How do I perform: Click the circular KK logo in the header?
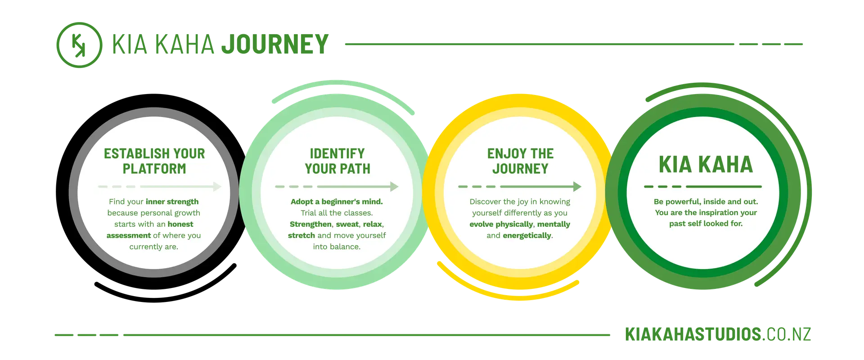coord(79,45)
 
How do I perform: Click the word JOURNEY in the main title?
coord(275,44)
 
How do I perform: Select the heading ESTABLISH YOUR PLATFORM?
coord(154,161)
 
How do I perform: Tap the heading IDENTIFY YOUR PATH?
coord(337,161)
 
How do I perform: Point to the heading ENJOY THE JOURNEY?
coord(520,161)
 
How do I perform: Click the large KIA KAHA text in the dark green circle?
coord(706,164)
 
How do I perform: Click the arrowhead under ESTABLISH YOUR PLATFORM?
coord(217,186)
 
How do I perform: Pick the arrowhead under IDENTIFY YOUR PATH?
coord(394,186)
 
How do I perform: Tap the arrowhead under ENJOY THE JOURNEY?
coord(577,186)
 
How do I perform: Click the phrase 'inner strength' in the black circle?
coord(172,202)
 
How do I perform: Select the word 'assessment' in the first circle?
coord(129,235)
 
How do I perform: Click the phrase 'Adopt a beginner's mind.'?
coord(337,202)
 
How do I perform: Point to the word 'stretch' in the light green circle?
coord(301,235)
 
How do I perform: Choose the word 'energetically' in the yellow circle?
coord(527,235)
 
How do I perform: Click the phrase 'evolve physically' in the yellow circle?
coord(501,224)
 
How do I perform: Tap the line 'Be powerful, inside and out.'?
coord(706,202)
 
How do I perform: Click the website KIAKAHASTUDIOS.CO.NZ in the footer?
coord(718,334)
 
